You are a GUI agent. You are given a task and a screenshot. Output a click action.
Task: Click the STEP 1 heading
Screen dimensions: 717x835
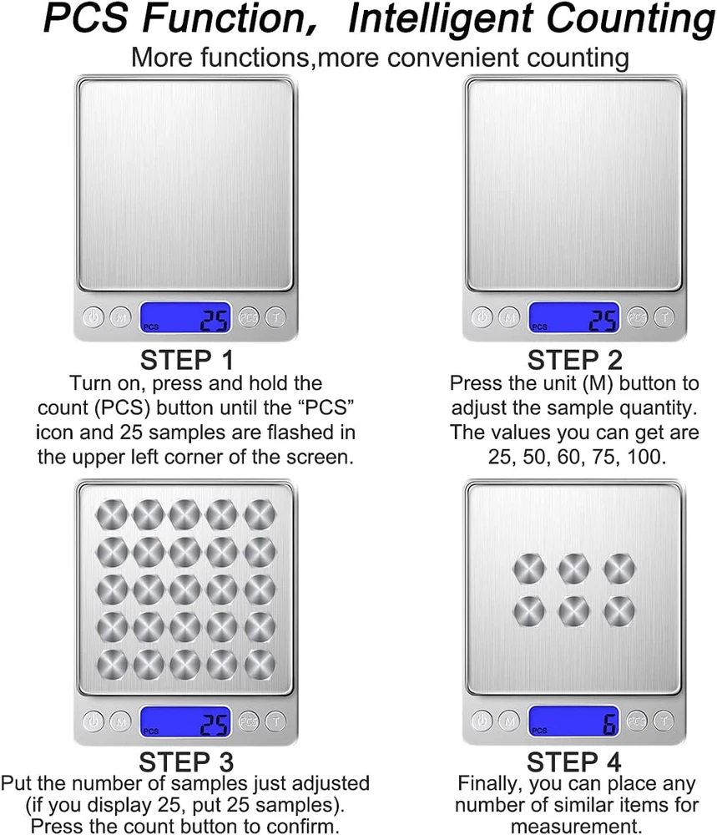pos(187,360)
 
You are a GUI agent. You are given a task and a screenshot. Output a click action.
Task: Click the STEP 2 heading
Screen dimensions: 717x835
pos(574,360)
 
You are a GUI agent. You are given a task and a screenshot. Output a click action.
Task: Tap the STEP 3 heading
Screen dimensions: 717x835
pos(186,762)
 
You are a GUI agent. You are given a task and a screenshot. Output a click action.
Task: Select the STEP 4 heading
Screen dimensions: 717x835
pos(573,762)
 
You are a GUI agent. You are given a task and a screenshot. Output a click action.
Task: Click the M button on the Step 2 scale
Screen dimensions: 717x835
pos(509,317)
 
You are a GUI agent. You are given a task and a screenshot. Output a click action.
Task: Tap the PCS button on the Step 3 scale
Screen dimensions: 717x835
pos(249,721)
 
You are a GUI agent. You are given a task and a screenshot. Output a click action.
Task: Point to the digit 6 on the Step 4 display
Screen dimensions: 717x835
pos(609,723)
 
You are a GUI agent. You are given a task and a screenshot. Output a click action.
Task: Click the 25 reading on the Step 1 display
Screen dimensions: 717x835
pos(214,321)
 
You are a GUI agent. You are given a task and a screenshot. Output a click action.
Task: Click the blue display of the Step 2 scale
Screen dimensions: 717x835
pos(573,318)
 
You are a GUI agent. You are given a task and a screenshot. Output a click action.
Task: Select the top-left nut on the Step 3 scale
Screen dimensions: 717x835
pos(111,515)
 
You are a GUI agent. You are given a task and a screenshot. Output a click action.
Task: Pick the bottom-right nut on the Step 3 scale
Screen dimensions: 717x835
pos(260,665)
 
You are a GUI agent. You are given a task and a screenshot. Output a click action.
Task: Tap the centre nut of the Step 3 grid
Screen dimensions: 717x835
pos(184,590)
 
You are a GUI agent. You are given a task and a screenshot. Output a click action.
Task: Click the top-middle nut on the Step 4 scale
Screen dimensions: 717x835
pos(573,569)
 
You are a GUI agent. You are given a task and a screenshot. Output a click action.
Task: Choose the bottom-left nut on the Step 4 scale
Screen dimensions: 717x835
pos(529,611)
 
